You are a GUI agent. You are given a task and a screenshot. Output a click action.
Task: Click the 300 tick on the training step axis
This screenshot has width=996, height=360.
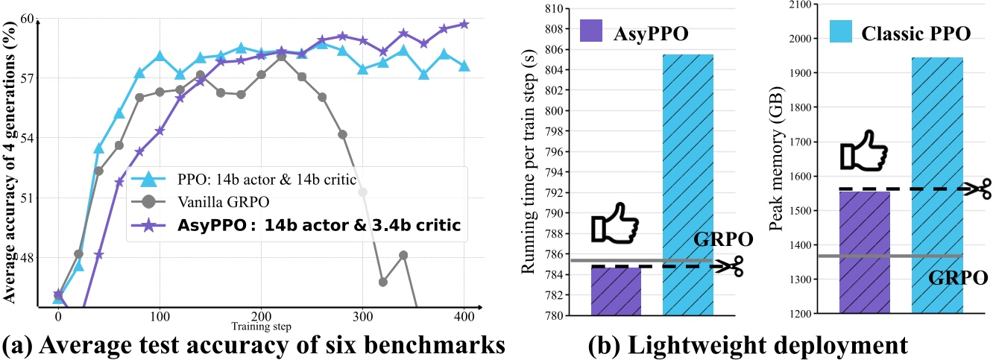[x=362, y=316]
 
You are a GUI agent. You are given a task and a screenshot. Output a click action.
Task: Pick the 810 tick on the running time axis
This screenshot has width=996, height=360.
[x=553, y=9]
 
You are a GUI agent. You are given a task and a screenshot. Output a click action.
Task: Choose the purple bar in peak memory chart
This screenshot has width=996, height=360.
[x=865, y=252]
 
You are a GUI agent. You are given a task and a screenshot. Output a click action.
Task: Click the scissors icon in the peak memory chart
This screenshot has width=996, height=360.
[x=976, y=188]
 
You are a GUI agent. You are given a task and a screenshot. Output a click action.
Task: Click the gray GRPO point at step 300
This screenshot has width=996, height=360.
[x=362, y=192]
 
